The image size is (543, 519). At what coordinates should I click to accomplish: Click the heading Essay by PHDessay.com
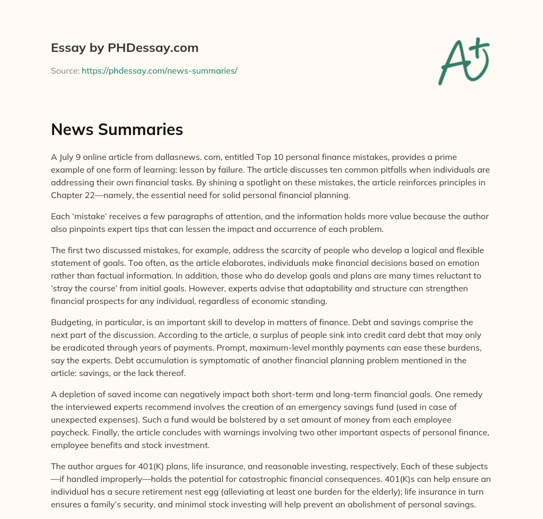[x=125, y=48]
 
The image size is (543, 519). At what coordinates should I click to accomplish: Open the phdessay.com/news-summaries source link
[x=159, y=70]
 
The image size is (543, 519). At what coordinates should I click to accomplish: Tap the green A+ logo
[x=463, y=61]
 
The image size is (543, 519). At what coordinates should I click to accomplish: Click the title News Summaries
[x=117, y=129]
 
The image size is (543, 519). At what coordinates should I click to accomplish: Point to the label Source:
[x=65, y=70]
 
